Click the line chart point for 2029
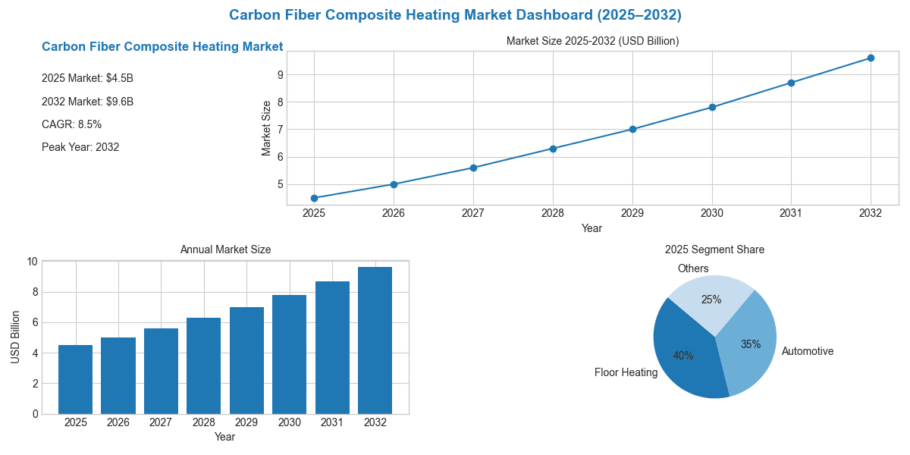tap(632, 129)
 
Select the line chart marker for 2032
tap(871, 58)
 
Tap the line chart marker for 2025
tap(314, 198)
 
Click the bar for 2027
tap(161, 371)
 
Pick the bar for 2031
tap(332, 347)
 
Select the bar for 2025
tap(75, 379)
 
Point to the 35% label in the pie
tap(751, 344)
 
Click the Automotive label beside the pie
tap(808, 351)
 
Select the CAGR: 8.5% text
tap(71, 124)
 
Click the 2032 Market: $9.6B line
tap(87, 102)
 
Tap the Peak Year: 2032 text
tap(80, 147)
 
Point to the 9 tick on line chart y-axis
tap(280, 74)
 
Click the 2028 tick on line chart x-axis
tap(553, 214)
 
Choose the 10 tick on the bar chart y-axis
tap(32, 262)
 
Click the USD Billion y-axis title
tap(15, 337)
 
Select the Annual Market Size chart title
tap(225, 249)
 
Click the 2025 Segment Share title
tap(714, 249)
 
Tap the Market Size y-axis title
tap(266, 128)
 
